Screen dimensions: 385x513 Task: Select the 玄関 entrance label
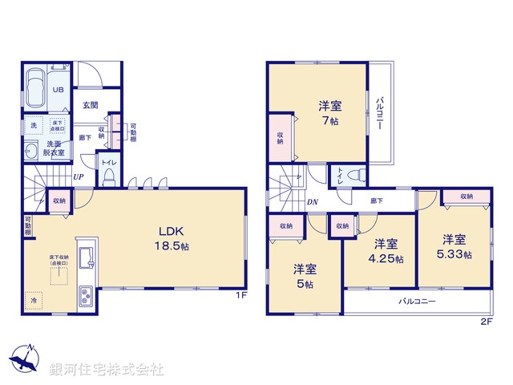click(89, 105)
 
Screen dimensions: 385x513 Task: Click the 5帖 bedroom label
click(303, 275)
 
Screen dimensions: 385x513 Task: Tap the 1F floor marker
click(240, 295)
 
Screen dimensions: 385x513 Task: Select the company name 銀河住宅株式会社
click(107, 370)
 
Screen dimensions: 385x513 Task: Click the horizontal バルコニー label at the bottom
click(418, 302)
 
